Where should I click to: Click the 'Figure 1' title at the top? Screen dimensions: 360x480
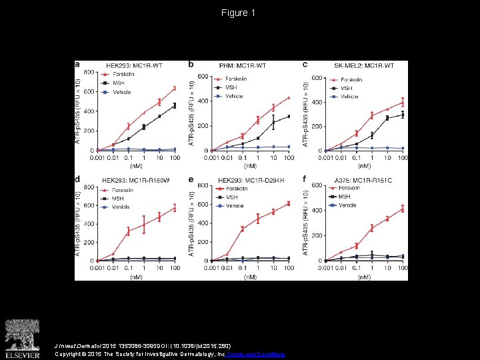(x=239, y=13)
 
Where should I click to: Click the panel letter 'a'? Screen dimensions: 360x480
(x=77, y=65)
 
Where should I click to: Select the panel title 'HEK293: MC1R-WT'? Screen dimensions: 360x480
(x=135, y=65)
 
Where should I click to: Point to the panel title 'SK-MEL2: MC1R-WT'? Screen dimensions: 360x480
(x=363, y=65)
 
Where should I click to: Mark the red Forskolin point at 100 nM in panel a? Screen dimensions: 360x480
(x=175, y=88)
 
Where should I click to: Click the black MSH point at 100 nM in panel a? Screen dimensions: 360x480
(x=175, y=105)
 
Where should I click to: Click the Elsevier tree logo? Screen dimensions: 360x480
(x=23, y=336)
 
